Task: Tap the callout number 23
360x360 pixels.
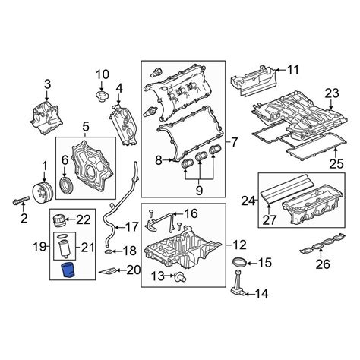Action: [x=330, y=94]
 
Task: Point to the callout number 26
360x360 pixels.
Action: [x=322, y=265]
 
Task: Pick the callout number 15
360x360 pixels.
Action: [x=264, y=264]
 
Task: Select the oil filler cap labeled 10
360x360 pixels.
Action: [x=101, y=98]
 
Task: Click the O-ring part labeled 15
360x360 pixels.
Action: [x=237, y=263]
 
